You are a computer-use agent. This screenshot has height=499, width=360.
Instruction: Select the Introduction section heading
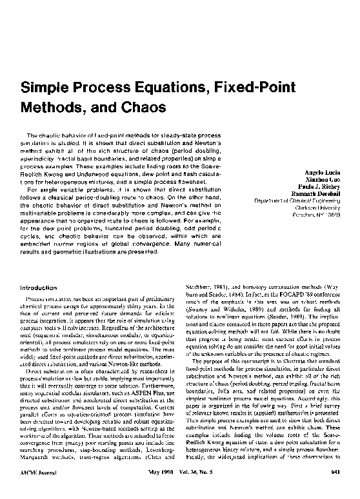click(x=40, y=287)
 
